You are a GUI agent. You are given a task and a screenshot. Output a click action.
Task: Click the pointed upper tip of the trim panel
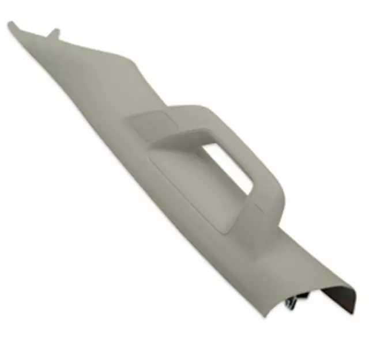pos(11,25)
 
